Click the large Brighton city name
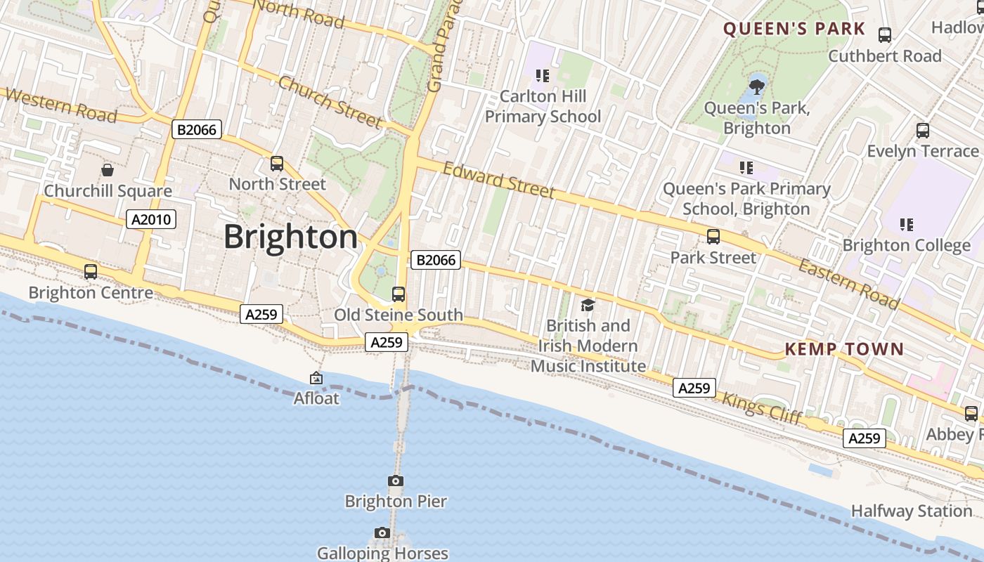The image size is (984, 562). [290, 237]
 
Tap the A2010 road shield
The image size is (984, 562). [151, 220]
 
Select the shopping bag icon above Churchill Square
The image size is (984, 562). [108, 170]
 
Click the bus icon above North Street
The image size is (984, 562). [277, 164]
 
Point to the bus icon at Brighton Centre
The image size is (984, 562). [91, 272]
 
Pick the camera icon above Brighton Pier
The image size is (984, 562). [396, 481]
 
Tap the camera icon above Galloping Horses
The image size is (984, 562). [382, 533]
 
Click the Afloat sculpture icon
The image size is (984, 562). [316, 379]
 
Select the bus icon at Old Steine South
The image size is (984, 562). [399, 294]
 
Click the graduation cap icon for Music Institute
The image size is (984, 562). [588, 305]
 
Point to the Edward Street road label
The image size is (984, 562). [498, 181]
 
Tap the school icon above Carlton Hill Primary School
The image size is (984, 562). [542, 75]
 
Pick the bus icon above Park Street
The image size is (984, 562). [713, 237]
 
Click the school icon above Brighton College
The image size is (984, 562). [907, 225]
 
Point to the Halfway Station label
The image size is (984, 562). [911, 511]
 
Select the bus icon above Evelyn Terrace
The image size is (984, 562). [923, 131]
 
